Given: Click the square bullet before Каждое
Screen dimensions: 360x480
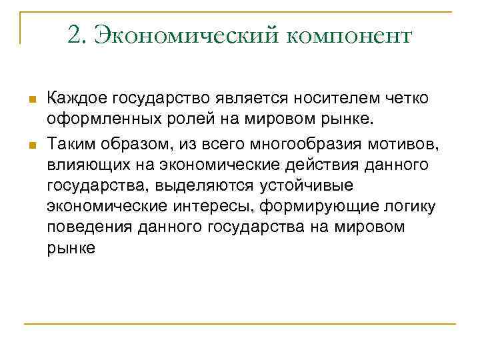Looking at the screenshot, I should point(30,100).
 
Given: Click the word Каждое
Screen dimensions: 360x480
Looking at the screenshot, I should point(77,99).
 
